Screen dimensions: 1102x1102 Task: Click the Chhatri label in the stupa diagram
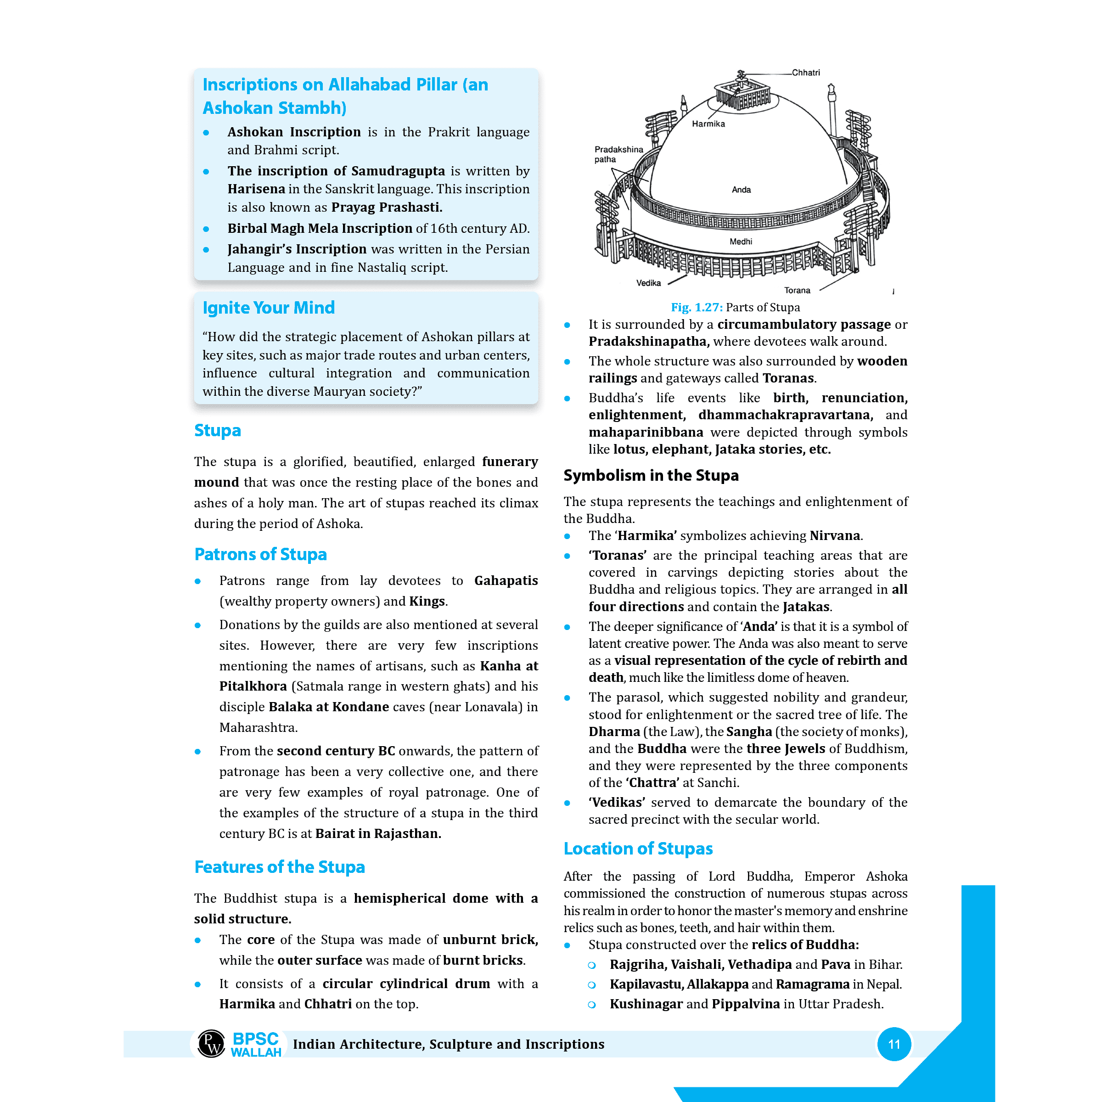click(x=805, y=73)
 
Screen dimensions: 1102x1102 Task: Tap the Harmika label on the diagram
click(x=708, y=124)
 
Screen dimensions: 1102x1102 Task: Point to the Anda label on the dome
click(x=741, y=189)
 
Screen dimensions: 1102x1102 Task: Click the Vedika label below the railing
click(x=648, y=283)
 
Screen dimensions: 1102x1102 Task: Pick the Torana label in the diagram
click(x=796, y=290)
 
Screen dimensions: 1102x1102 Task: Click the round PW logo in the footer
click(x=211, y=1044)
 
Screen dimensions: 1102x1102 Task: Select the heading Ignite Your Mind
click(x=268, y=308)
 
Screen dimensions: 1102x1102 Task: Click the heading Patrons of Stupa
click(x=260, y=554)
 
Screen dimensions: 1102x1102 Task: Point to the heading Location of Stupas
click(x=638, y=848)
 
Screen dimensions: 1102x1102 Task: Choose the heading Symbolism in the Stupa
click(x=650, y=475)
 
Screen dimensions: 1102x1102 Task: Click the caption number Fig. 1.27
click(x=696, y=308)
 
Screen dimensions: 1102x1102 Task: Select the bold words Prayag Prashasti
click(x=386, y=207)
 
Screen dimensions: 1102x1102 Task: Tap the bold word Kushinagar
click(x=646, y=1003)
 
